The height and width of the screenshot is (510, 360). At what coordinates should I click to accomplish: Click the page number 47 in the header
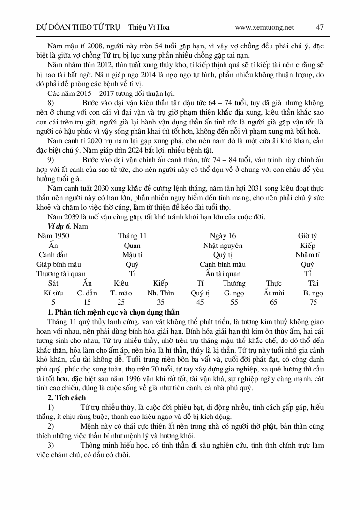click(319, 27)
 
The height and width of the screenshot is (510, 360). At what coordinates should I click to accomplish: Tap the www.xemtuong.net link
click(264, 27)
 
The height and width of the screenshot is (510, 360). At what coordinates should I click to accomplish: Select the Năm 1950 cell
click(53, 236)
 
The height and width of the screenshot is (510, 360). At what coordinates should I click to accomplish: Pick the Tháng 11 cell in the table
click(132, 236)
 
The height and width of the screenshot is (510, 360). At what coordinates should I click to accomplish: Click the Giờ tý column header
click(307, 236)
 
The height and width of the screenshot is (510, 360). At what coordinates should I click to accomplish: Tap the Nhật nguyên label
click(223, 246)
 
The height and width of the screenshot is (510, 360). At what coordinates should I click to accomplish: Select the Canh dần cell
click(53, 255)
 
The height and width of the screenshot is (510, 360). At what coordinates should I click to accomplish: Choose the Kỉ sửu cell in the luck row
click(53, 293)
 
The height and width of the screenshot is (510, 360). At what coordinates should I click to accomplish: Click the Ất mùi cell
click(274, 293)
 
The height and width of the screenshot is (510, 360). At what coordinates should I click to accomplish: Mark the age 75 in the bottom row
click(314, 302)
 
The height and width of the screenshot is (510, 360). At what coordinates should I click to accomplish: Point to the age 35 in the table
click(161, 302)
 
